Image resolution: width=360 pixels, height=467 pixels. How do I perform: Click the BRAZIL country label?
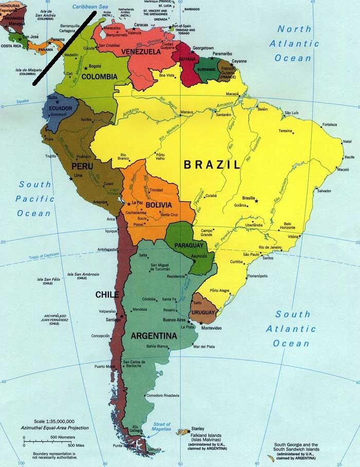pyautogui.click(x=212, y=165)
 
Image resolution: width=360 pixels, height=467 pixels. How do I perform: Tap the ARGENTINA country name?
pyautogui.click(x=154, y=336)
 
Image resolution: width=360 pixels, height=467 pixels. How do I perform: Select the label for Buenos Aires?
pyautogui.click(x=174, y=320)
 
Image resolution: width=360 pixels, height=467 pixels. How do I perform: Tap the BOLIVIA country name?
pyautogui.click(x=158, y=205)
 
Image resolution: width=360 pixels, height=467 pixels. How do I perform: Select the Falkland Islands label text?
pyautogui.click(x=204, y=436)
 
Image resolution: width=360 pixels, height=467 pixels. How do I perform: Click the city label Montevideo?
pyautogui.click(x=211, y=328)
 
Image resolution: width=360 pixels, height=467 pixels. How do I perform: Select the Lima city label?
pyautogui.click(x=78, y=176)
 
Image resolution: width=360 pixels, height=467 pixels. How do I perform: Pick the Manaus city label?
pyautogui.click(x=186, y=112)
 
